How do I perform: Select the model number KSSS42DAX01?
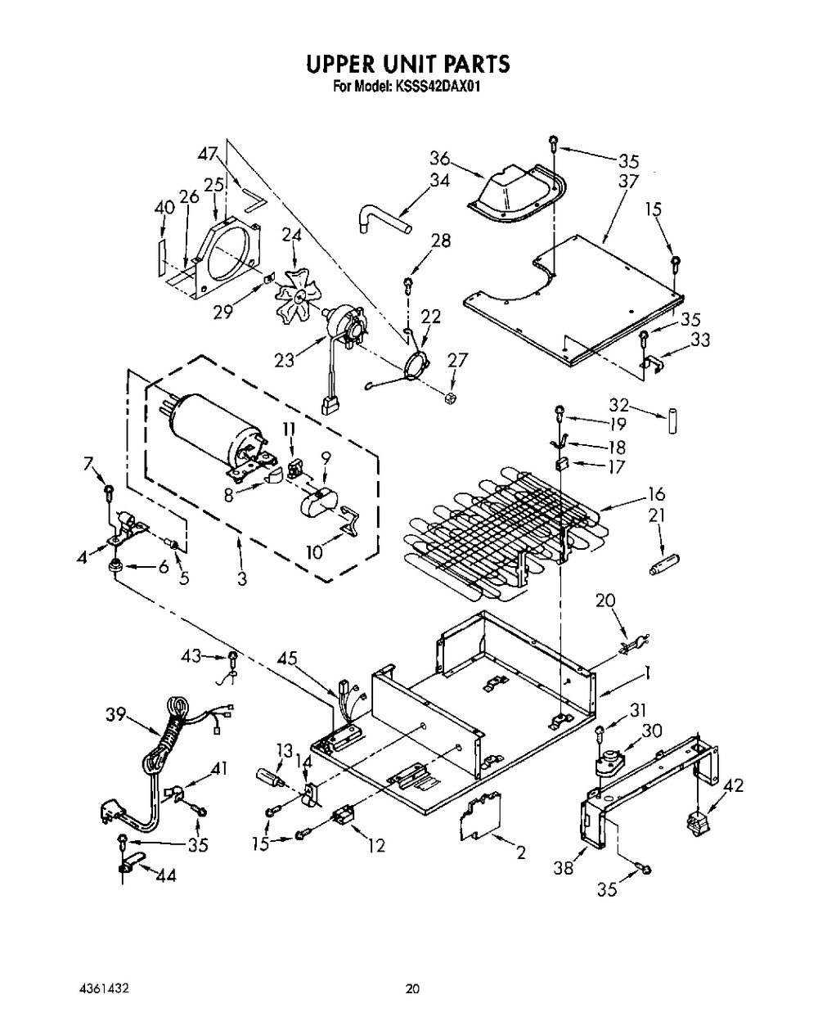click(437, 87)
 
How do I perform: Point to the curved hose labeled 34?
click(383, 218)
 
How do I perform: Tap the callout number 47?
click(209, 154)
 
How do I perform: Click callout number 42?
click(733, 785)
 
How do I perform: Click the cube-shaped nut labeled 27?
click(450, 397)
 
